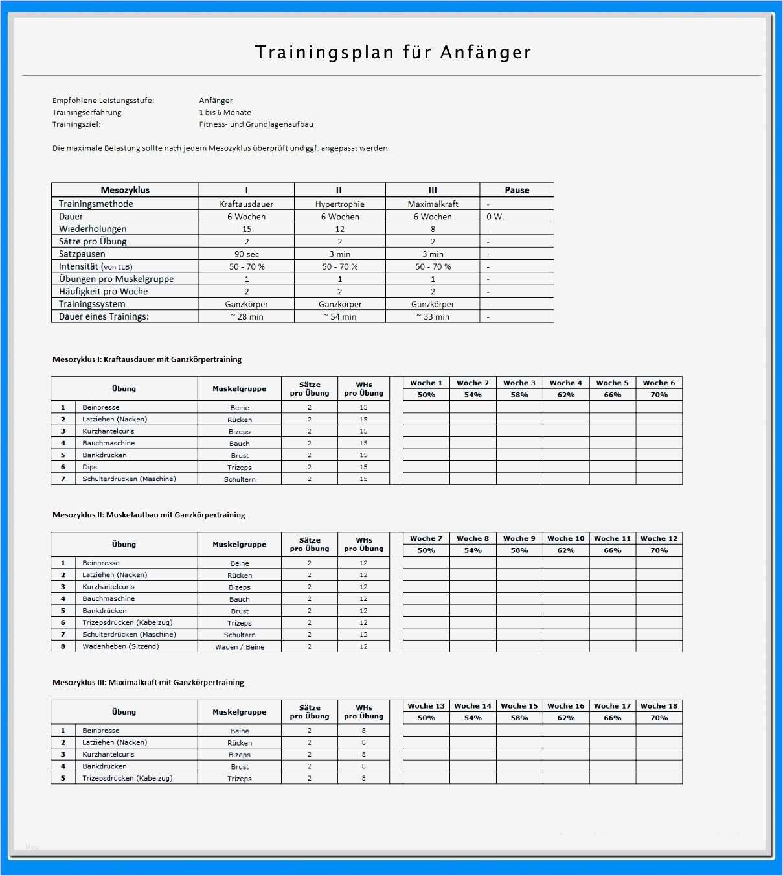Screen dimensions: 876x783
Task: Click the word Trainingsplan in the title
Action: (324, 53)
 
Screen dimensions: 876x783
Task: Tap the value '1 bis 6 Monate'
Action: (225, 112)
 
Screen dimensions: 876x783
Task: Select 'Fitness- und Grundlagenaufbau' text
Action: (256, 124)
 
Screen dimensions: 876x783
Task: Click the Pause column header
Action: (517, 190)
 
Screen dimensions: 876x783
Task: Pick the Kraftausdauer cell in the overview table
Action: (246, 204)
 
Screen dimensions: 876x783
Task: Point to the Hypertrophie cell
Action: (339, 204)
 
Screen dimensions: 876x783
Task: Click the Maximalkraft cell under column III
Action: (433, 204)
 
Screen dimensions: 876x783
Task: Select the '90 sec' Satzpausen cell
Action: (246, 254)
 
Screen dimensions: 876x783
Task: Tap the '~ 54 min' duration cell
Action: (339, 316)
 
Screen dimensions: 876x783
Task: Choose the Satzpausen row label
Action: (82, 254)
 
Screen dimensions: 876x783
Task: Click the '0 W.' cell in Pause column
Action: (495, 217)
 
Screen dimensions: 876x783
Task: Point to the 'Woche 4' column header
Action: (565, 383)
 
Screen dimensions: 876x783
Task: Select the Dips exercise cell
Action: (90, 467)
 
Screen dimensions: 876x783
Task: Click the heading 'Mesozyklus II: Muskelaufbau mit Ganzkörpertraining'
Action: (148, 515)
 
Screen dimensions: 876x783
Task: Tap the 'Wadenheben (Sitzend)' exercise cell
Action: (120, 646)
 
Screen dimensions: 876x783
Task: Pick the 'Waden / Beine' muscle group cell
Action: (240, 647)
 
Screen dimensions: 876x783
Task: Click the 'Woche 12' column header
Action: (659, 538)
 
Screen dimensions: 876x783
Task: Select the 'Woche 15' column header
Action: (519, 706)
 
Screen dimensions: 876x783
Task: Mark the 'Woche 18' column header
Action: (659, 706)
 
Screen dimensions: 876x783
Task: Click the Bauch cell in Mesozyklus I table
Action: (239, 444)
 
